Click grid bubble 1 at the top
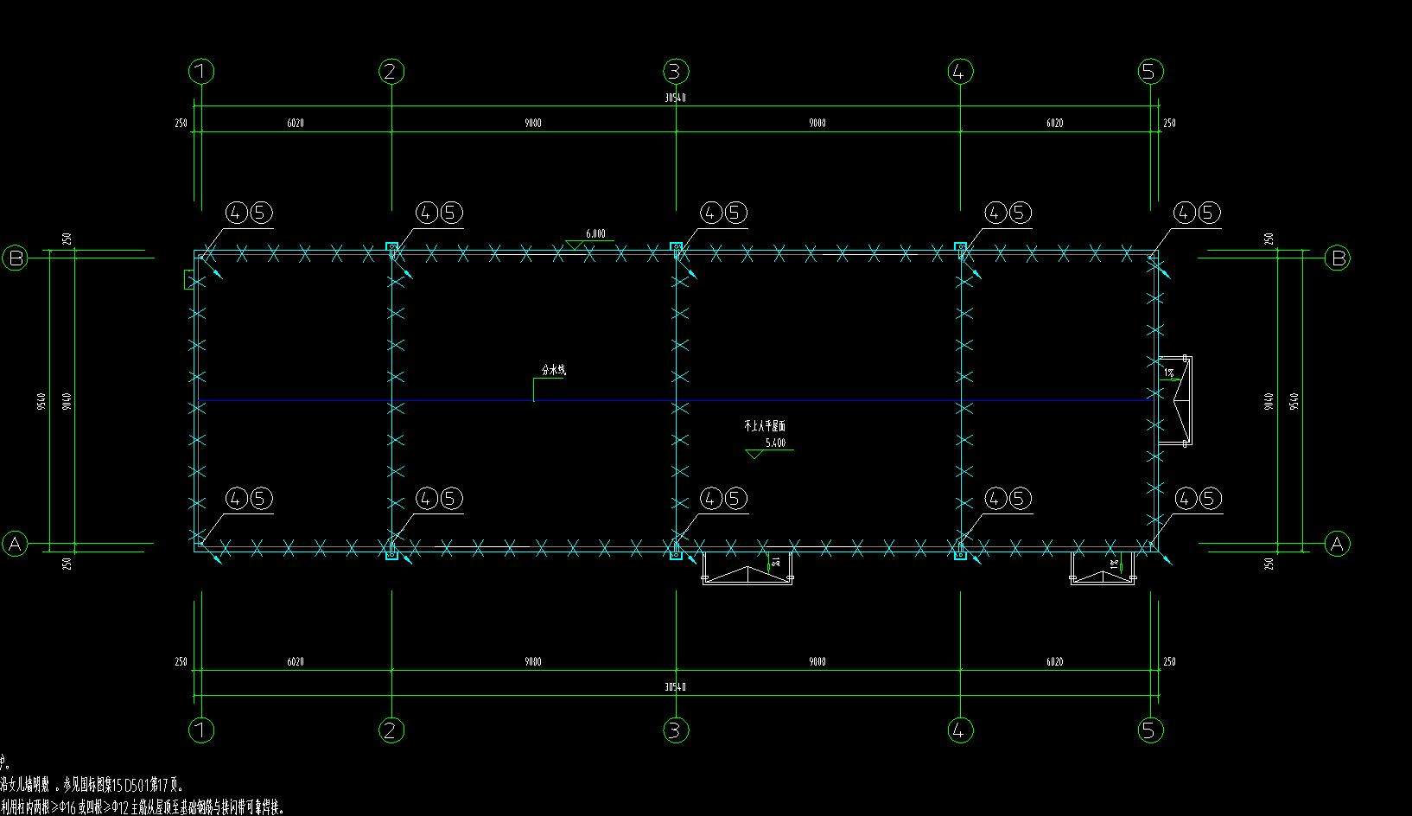coord(201,71)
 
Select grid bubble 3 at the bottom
coord(675,730)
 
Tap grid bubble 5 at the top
coord(1148,71)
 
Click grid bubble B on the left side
coord(16,258)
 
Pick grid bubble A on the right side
coord(1337,544)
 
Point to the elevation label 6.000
coord(595,233)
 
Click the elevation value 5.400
coord(775,443)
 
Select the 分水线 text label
coord(553,370)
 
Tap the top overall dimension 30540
coord(675,98)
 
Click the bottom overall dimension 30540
coord(675,687)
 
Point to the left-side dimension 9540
coord(41,401)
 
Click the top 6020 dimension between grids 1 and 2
coord(296,123)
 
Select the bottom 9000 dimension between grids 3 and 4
coord(817,661)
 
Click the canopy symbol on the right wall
coord(1175,401)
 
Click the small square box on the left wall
coord(189,278)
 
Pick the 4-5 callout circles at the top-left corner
coord(250,213)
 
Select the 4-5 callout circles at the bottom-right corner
coord(1198,499)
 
